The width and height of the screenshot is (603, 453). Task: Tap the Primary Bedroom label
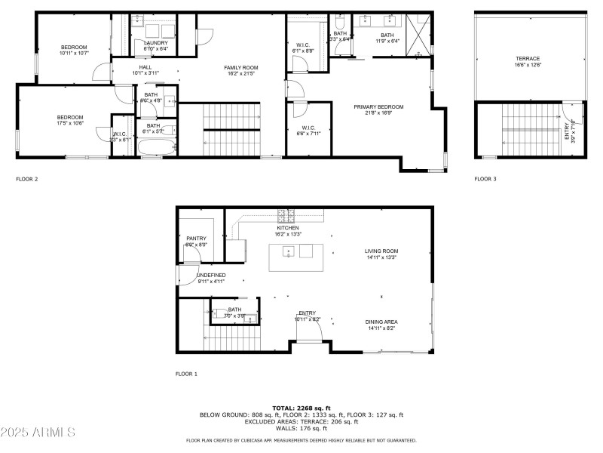pos(378,107)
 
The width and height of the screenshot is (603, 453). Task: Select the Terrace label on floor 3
pos(528,58)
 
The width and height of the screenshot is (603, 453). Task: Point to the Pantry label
pos(196,239)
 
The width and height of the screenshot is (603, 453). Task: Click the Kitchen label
pos(288,228)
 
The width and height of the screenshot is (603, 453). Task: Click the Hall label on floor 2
pos(145,67)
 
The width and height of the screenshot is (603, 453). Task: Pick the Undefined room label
pos(211,275)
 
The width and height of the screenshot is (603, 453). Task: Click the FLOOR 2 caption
pos(26,180)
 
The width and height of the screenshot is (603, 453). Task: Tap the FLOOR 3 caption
pos(485,180)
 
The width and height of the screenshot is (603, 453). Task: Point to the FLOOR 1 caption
pos(186,374)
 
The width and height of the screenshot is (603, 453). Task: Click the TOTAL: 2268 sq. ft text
pos(301,408)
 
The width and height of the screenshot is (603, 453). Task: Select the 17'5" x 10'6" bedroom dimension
pos(69,124)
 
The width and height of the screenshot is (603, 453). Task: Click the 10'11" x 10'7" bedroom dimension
pos(75,54)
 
